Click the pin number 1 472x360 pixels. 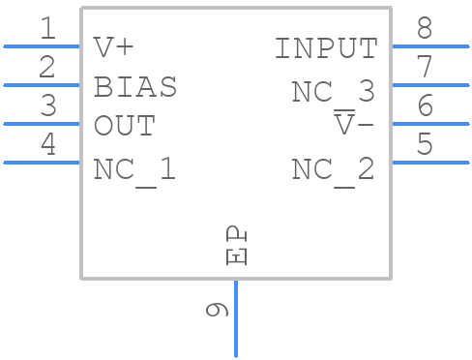point(46,29)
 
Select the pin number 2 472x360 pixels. point(46,68)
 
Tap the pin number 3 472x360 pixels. point(46,106)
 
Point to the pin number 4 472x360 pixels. point(46,145)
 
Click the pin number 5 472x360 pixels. point(425,145)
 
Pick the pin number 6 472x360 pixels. point(425,106)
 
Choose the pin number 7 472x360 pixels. point(425,68)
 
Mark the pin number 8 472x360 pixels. point(425,29)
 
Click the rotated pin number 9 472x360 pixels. point(219,310)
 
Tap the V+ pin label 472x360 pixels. point(113,47)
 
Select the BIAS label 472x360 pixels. point(135,87)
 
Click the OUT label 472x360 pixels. point(124,126)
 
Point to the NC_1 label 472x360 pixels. point(135,169)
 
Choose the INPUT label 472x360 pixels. point(326,47)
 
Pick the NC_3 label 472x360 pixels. point(334,92)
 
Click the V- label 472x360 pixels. point(354,126)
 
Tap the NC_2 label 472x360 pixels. point(334,169)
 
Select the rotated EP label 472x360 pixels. point(237,247)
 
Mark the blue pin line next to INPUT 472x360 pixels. point(429,45)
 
